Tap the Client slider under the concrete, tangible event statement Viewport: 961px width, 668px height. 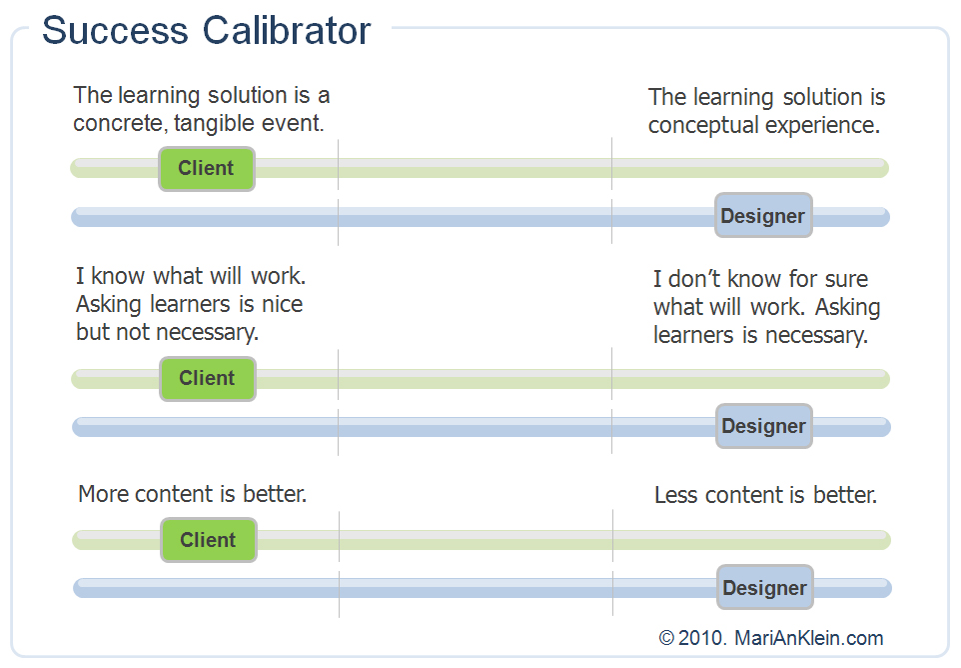[x=207, y=168]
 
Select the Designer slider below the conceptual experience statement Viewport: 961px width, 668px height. [x=763, y=216]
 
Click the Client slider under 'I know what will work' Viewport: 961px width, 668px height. [x=207, y=378]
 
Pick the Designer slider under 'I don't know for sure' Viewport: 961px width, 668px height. [x=764, y=426]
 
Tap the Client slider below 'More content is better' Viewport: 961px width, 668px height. [x=208, y=540]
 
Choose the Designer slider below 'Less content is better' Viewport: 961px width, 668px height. [x=765, y=588]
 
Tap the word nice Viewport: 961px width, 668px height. [x=281, y=304]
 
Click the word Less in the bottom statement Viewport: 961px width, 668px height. [x=675, y=495]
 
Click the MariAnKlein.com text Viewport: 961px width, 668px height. [x=809, y=638]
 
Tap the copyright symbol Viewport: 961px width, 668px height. [x=666, y=638]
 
